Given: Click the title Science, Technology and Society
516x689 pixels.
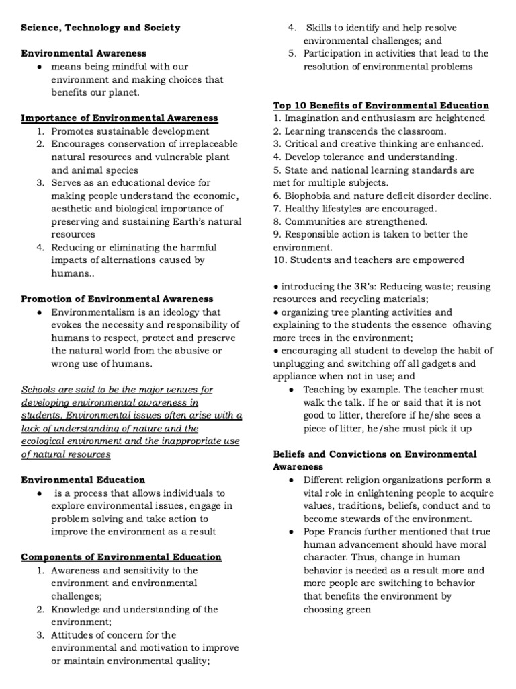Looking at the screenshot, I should point(101,28).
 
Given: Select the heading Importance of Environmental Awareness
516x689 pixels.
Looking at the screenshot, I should point(120,118).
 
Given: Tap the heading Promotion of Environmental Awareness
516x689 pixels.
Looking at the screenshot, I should point(117,299).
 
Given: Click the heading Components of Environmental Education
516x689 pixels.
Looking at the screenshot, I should point(121,557).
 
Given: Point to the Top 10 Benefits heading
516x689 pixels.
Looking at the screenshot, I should point(381,106).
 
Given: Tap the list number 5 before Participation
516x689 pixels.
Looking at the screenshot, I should point(292,53).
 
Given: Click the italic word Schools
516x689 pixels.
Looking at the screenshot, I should point(39,390).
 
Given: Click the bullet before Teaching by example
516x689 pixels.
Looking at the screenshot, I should point(290,390).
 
